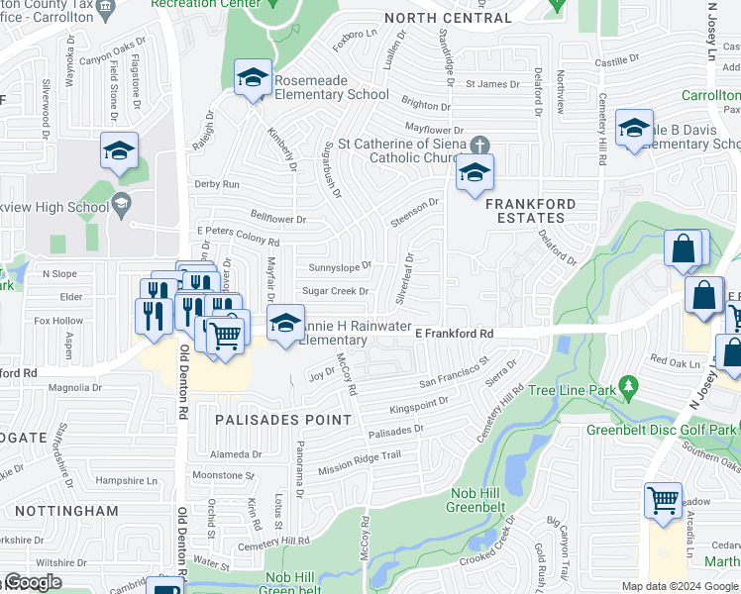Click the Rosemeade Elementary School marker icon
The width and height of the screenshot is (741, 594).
coord(253,77)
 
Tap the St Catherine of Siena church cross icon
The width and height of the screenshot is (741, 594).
coord(480,144)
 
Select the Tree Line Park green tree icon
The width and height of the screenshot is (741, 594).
coord(626,385)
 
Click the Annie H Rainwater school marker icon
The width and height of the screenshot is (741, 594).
coord(285,323)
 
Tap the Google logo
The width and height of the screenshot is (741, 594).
coord(32,583)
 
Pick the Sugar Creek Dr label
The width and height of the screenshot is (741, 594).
coord(335,291)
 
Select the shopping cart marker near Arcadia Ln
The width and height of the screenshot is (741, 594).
coord(663,500)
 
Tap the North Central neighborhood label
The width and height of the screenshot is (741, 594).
coord(448,18)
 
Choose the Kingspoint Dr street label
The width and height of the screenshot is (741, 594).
coord(419,406)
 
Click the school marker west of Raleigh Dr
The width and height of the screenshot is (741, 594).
coord(119,152)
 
